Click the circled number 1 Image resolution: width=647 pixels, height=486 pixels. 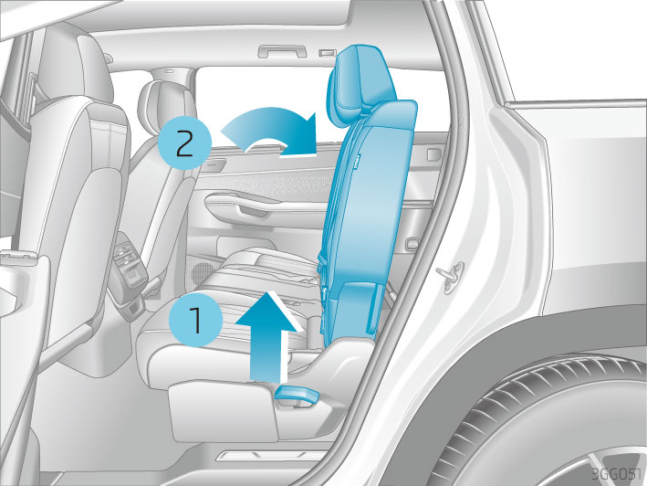[196, 320]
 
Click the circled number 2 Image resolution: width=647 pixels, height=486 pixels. [185, 143]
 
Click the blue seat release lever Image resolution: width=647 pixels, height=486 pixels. [297, 396]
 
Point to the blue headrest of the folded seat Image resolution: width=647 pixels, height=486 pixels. [359, 82]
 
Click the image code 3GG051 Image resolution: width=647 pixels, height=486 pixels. [617, 473]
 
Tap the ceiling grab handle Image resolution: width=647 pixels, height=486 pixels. [283, 51]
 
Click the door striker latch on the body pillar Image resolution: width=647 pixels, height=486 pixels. [451, 275]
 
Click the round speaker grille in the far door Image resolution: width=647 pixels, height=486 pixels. [203, 273]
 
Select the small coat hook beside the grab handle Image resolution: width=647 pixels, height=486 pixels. [327, 53]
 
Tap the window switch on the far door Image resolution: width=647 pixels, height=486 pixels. [433, 154]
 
